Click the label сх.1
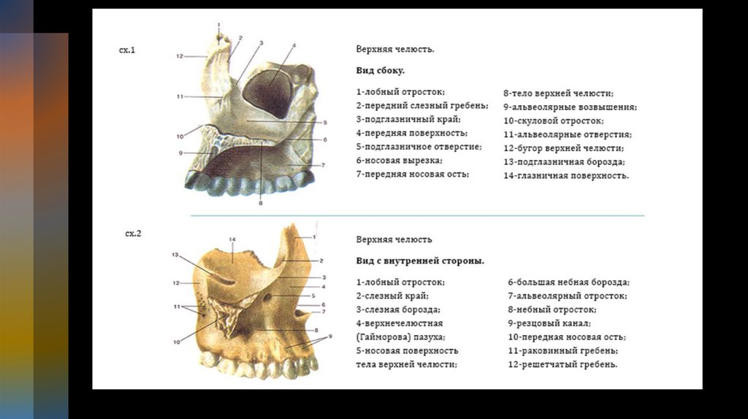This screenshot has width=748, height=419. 128,50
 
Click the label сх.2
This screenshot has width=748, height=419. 133,234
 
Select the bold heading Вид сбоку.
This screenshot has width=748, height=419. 380,71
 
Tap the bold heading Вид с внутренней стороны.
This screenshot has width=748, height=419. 420,261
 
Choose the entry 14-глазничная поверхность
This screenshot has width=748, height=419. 566,176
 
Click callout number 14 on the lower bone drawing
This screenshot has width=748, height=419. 232,240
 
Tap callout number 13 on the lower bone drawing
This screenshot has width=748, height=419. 175,255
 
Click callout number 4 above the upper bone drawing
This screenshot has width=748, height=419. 294,46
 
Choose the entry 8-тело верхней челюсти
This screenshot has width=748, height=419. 558,93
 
